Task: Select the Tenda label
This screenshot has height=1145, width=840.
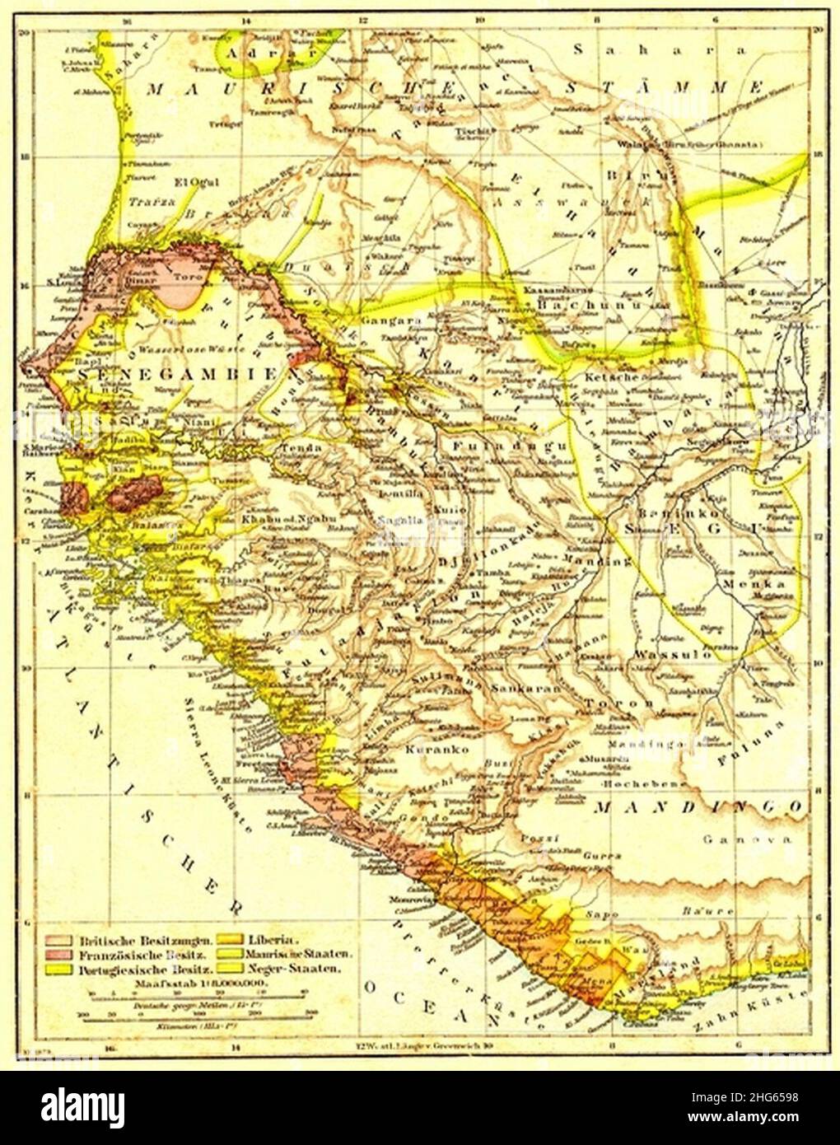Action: click(x=296, y=447)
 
